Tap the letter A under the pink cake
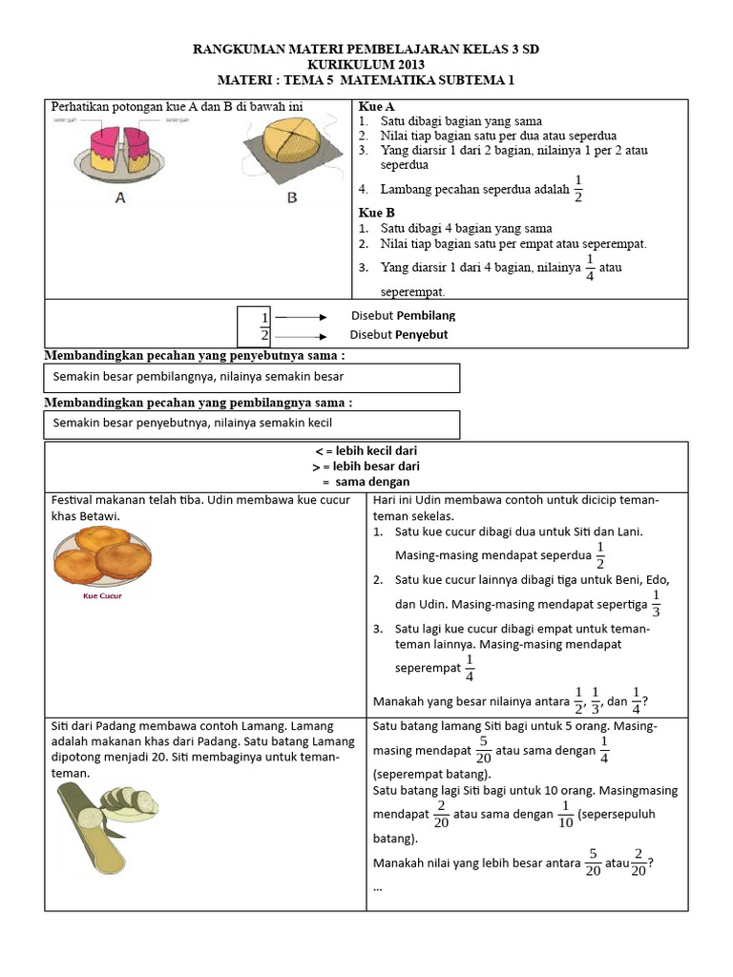120,197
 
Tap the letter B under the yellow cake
291,197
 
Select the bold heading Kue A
377,107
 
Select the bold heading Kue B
377,213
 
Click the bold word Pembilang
427,316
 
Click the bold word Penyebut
422,335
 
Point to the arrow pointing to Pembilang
302,317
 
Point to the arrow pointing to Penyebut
302,336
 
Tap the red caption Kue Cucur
103,596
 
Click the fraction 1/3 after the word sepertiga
656,603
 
